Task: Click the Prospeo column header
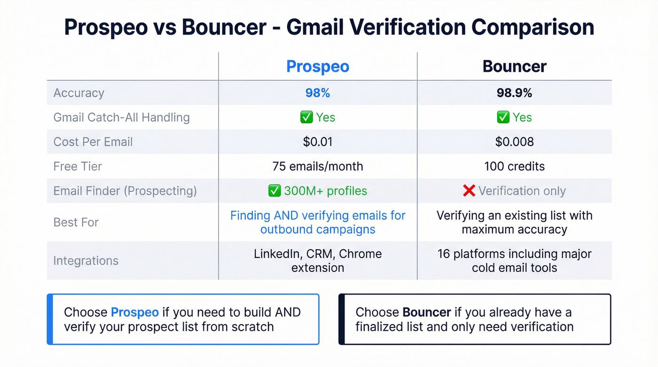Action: coord(318,66)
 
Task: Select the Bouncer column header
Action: coord(515,66)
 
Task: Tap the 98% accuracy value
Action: coord(318,93)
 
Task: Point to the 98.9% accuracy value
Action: coord(515,93)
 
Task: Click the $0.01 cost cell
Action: coord(318,142)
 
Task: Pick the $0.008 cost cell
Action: coord(515,142)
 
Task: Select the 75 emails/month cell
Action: coord(318,166)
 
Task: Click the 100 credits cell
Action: coord(515,166)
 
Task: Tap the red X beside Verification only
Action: coord(469,191)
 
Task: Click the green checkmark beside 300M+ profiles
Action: coord(274,191)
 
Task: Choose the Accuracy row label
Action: coord(78,93)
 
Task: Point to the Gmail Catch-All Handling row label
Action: coord(121,117)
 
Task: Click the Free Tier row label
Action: coord(78,166)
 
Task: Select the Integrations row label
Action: coord(86,260)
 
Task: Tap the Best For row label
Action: coord(76,222)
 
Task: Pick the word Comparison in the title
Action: coord(533,27)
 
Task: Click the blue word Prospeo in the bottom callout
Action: coord(134,312)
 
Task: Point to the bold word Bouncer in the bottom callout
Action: coord(427,312)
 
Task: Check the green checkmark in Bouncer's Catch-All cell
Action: coord(503,117)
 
